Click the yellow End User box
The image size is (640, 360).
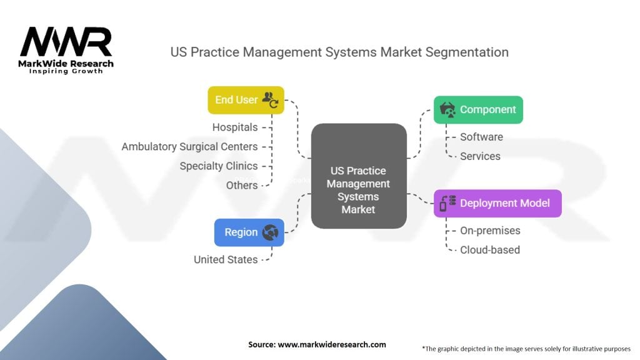pos(246,100)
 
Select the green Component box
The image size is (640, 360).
pos(478,109)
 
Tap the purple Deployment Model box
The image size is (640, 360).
pos(497,203)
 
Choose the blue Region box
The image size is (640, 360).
pos(249,232)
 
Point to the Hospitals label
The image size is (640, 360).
pos(235,127)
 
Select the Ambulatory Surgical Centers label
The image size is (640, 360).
pos(189,147)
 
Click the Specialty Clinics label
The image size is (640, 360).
pos(218,166)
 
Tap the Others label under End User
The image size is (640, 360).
pos(242,185)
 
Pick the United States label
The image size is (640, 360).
pos(226,259)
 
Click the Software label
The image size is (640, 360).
pos(481,137)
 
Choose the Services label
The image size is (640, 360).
pos(480,156)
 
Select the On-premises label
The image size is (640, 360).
pos(490,231)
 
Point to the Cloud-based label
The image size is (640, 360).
pos(490,250)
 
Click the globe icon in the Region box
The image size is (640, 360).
pos(271,232)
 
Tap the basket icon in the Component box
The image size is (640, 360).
pos(447,109)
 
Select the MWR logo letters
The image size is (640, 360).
pos(66,42)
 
